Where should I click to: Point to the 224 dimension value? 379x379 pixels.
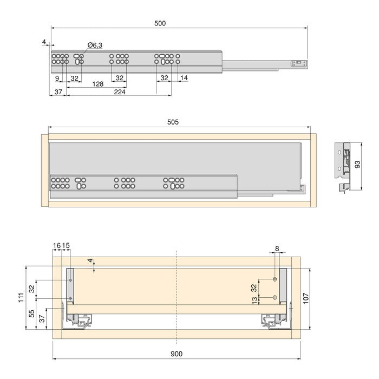(x=120, y=93)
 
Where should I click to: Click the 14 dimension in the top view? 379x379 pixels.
(x=185, y=78)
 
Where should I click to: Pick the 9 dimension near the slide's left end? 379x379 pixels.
(x=57, y=78)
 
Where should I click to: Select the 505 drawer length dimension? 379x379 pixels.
(x=173, y=122)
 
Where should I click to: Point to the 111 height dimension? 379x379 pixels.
(x=20, y=297)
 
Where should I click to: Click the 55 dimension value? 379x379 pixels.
(x=32, y=312)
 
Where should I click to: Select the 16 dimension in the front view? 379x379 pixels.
(x=57, y=245)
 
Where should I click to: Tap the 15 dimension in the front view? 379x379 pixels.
(x=66, y=245)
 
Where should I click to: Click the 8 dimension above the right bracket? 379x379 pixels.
(x=277, y=249)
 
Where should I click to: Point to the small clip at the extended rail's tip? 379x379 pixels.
(x=297, y=63)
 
